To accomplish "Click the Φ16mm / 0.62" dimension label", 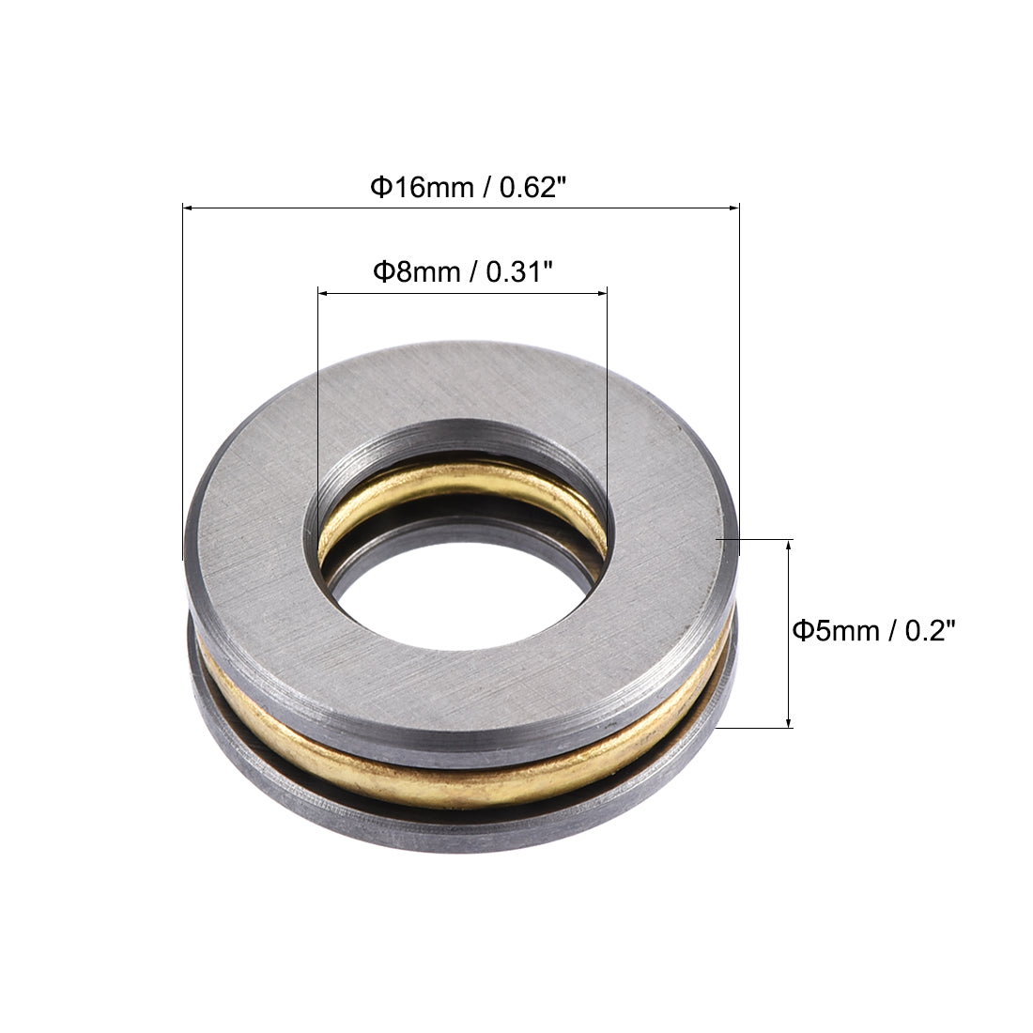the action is click(x=468, y=188).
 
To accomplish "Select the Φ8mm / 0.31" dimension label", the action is click(x=462, y=271).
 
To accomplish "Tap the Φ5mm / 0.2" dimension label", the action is click(x=873, y=630).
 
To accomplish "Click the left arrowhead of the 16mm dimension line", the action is click(x=188, y=208).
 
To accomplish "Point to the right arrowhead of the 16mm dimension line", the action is click(x=734, y=208).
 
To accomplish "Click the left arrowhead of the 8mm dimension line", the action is click(x=323, y=293).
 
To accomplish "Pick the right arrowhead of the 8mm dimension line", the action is click(x=602, y=293).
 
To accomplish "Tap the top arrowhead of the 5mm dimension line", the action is click(x=789, y=544).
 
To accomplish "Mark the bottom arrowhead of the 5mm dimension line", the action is click(x=789, y=723).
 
